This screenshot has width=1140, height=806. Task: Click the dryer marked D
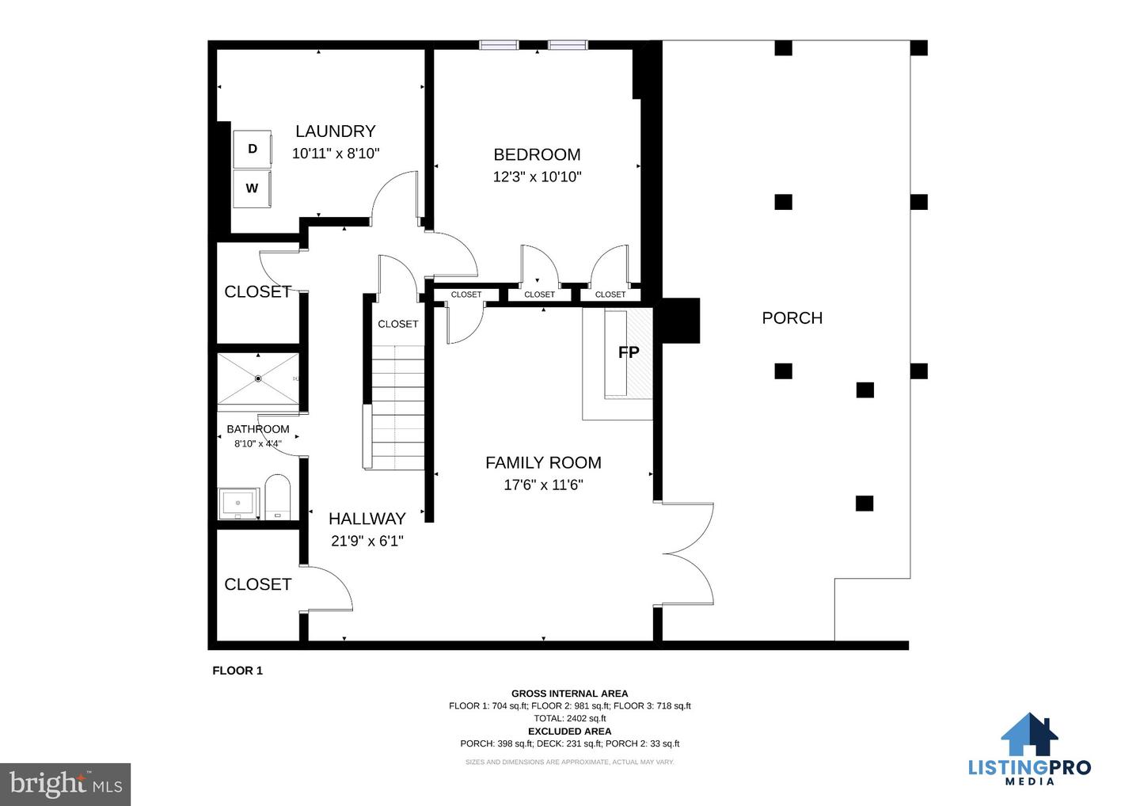[253, 149]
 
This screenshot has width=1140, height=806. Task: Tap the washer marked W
[252, 188]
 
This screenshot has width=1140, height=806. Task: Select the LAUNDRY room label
[336, 131]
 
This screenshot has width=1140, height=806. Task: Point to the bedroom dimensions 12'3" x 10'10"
[537, 177]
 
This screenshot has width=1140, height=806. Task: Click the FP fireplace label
[629, 352]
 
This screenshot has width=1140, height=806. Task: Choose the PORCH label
[792, 318]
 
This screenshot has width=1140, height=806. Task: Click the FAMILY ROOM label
[543, 462]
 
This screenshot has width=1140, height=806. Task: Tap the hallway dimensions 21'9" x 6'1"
[367, 541]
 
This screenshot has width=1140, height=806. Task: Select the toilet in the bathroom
[278, 497]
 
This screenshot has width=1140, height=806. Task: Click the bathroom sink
[238, 504]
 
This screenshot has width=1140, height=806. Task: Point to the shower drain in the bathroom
[258, 378]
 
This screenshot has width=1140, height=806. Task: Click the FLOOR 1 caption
[237, 671]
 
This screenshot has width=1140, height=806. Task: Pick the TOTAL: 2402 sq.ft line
[569, 718]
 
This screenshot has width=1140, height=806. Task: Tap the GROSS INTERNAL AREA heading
[569, 694]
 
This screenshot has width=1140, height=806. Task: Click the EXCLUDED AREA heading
[569, 732]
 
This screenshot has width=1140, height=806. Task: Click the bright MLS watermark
[66, 784]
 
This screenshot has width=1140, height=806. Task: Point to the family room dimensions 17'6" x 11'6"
[543, 485]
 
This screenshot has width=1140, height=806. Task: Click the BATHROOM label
[258, 429]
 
